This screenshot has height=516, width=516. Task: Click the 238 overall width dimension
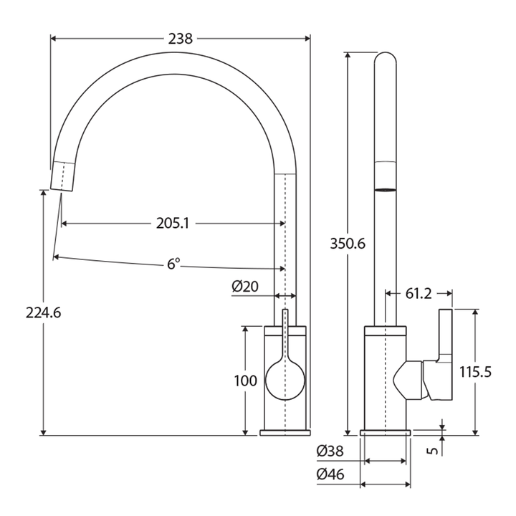pos(180,39)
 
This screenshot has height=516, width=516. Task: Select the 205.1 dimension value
pos(173,224)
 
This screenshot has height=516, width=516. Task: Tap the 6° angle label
pos(173,264)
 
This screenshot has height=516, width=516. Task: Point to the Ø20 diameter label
pos(244,287)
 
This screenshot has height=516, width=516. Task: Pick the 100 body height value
pos(245,381)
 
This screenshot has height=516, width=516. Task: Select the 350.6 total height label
pos(348,244)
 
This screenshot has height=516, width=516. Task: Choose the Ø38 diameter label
pos(330,451)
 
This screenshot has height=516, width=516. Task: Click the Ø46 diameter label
pos(330,474)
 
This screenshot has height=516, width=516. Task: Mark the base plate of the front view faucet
pos(285,432)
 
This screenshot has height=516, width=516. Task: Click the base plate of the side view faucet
pos(386,432)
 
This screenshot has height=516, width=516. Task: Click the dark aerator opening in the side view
pos(386,190)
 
